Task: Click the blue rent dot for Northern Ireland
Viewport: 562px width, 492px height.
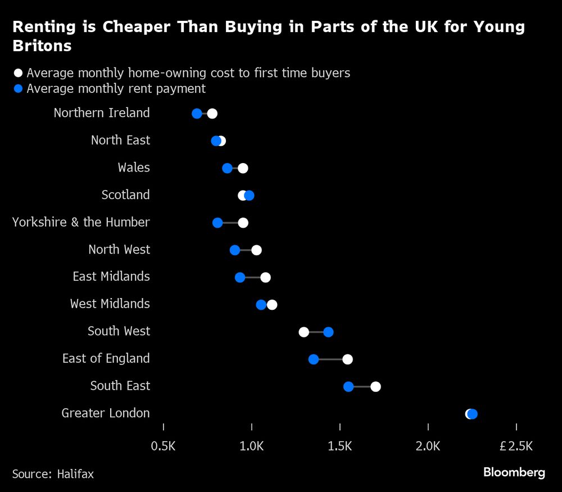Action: [x=197, y=114]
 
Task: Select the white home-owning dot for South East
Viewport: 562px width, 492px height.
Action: [x=375, y=386]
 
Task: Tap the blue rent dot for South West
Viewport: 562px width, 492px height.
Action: [x=328, y=332]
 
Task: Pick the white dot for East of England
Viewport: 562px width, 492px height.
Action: [x=347, y=359]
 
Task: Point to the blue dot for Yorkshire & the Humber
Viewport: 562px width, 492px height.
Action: [x=217, y=223]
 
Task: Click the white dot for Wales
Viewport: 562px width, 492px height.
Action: [x=243, y=168]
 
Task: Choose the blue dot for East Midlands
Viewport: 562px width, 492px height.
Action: [x=240, y=277]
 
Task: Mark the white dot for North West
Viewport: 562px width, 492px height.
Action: [x=256, y=250]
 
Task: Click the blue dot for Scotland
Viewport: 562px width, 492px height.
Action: [x=249, y=195]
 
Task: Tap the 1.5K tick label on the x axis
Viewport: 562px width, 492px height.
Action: [x=339, y=446]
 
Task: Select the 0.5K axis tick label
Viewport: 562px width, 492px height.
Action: [x=164, y=446]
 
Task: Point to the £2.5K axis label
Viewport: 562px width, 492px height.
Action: [x=516, y=446]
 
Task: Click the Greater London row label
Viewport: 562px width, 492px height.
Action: [x=106, y=413]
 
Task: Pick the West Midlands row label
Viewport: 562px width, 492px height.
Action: [x=110, y=304]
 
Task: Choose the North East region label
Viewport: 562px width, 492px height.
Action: [x=120, y=141]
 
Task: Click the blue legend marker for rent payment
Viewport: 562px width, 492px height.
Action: [x=18, y=89]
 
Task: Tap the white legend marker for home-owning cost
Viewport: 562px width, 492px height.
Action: [x=18, y=73]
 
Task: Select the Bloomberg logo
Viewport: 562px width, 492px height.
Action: [x=514, y=472]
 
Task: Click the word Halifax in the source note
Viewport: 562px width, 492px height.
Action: [x=75, y=474]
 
